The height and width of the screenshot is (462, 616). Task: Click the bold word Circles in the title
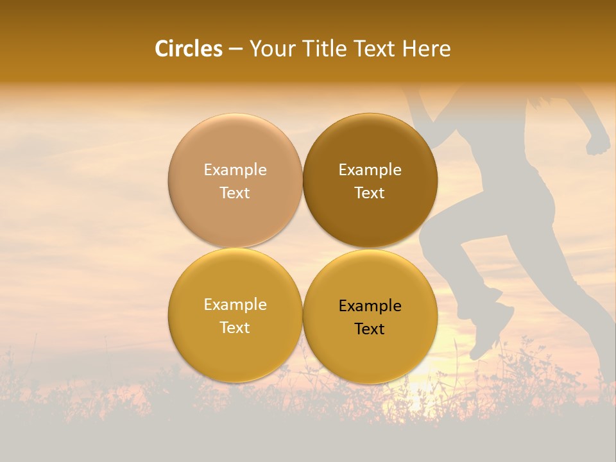click(x=189, y=49)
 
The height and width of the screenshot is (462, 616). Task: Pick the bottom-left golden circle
click(x=235, y=346)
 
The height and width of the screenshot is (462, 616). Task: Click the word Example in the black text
click(x=370, y=306)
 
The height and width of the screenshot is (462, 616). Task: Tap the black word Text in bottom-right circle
click(x=370, y=329)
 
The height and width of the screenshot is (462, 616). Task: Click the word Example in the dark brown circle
click(x=370, y=170)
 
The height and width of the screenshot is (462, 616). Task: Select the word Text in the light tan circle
click(x=235, y=193)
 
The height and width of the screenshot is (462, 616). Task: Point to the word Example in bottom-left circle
click(x=235, y=305)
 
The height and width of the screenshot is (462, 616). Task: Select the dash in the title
click(x=235, y=49)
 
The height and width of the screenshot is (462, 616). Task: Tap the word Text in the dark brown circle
click(x=370, y=193)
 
